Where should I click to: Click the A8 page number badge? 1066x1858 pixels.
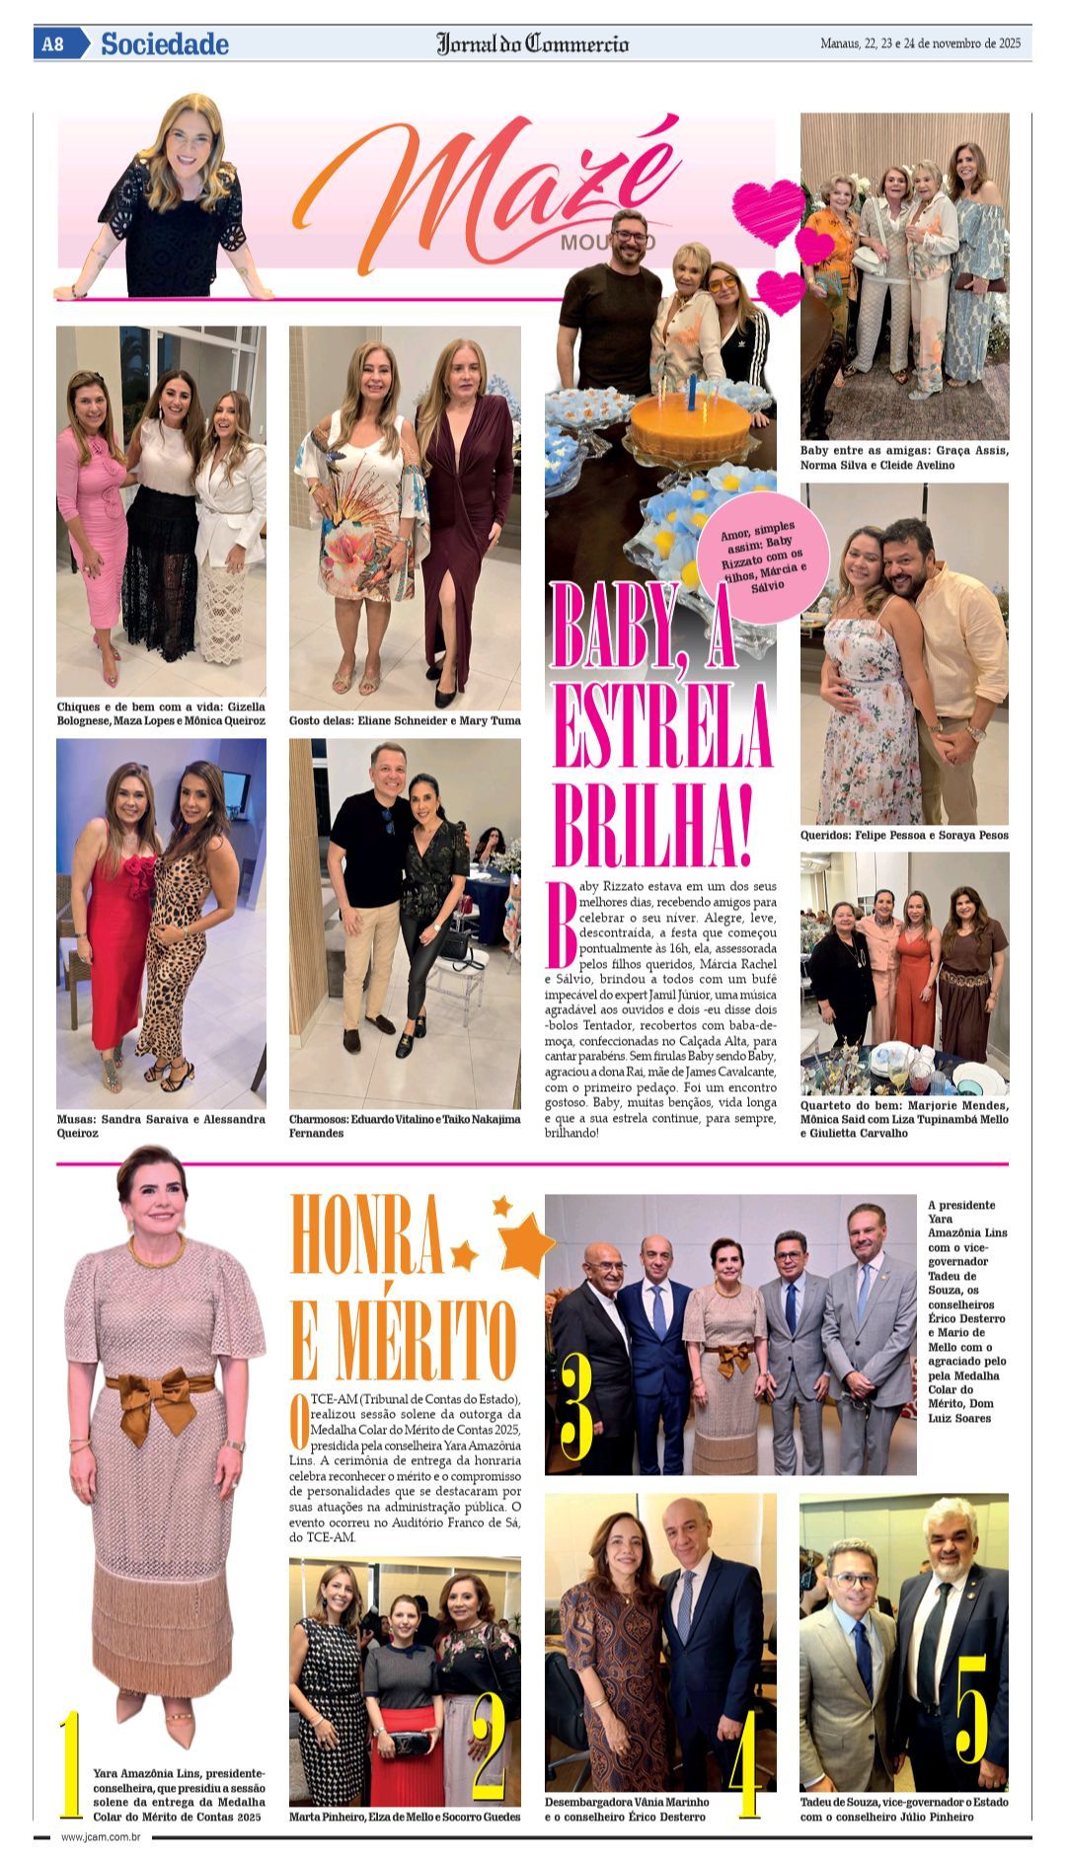click(53, 44)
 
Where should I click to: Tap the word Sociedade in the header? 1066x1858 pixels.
click(165, 44)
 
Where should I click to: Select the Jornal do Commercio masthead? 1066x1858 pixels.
click(532, 44)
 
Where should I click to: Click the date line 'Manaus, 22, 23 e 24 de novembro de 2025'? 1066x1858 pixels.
click(920, 44)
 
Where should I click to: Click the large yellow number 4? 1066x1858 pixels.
click(745, 1764)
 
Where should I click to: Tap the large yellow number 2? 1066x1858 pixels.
click(489, 1747)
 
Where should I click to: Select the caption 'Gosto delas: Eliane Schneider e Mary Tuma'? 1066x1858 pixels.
click(405, 721)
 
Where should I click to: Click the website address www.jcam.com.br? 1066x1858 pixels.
click(101, 1837)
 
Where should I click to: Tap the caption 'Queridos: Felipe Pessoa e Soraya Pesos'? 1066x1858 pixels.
click(904, 836)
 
